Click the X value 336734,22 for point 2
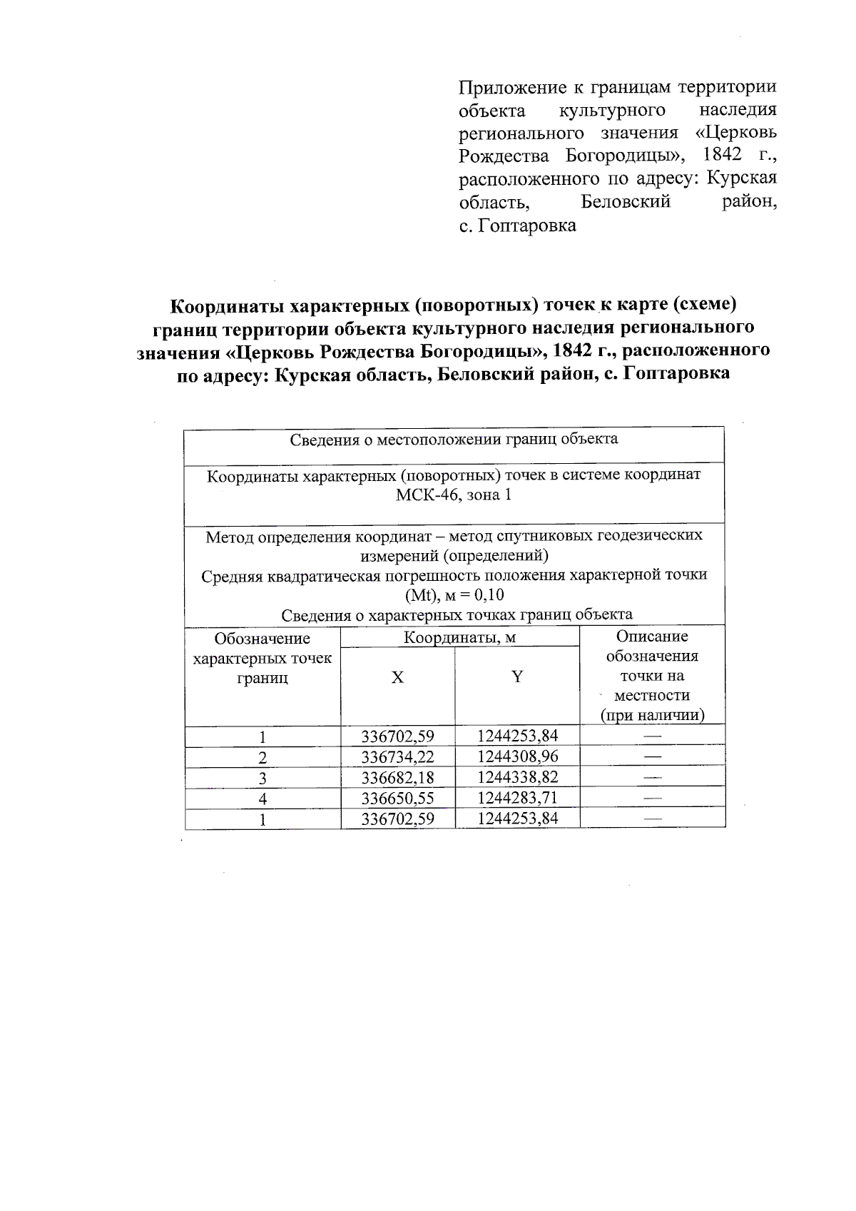click(397, 756)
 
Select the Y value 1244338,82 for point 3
click(517, 777)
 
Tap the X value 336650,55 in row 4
click(397, 798)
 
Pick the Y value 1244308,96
click(517, 756)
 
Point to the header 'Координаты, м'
click(459, 637)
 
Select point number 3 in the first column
click(263, 778)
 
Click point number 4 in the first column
click(263, 799)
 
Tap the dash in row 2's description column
click(652, 756)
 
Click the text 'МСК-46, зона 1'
click(454, 495)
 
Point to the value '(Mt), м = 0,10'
click(454, 595)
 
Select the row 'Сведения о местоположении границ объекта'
click(454, 439)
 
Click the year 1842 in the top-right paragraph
click(723, 155)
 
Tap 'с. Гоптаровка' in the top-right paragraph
click(517, 226)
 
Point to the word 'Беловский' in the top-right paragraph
click(626, 202)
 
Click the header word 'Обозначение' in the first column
click(263, 638)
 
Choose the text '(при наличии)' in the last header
click(652, 715)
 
